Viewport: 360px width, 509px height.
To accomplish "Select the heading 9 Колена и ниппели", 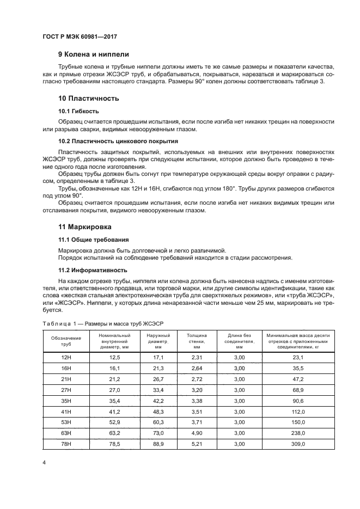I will tap(93, 54).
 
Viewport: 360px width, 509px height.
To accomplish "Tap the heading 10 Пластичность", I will tap(88, 99).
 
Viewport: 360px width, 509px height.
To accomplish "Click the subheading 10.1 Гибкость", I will tap(78, 111).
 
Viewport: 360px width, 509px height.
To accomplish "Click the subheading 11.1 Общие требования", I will tap(93, 239).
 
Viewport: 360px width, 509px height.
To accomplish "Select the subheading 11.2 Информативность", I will tap(93, 269).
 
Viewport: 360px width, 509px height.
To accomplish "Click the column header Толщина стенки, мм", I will tap(197, 341).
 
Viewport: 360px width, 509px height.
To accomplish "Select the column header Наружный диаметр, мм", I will tap(158, 341).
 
